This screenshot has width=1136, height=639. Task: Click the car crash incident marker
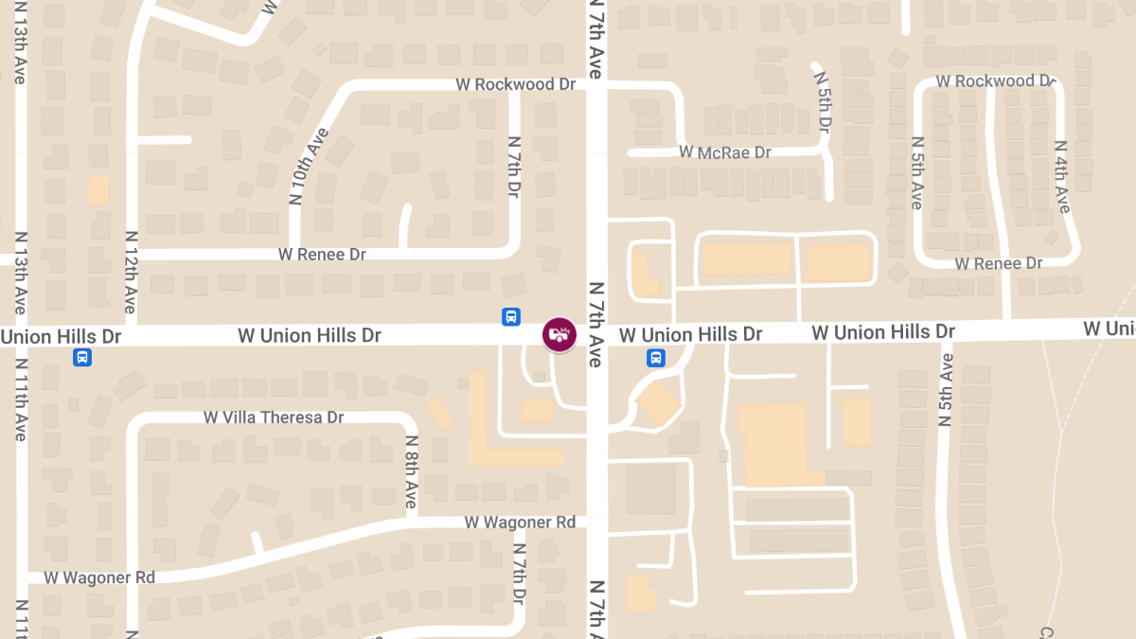click(559, 334)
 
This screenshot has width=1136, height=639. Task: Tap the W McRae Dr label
click(725, 151)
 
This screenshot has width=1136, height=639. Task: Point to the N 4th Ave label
click(1061, 177)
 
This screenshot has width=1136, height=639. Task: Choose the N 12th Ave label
click(131, 272)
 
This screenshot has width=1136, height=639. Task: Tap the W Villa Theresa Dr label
click(274, 417)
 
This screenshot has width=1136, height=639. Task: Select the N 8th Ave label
click(411, 471)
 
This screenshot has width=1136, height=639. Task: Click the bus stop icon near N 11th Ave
click(83, 357)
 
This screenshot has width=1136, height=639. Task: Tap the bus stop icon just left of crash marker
click(510, 317)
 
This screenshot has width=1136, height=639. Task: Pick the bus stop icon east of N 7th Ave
click(655, 358)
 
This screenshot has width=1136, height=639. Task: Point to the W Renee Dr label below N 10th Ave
click(322, 255)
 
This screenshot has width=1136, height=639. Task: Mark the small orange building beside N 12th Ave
click(98, 189)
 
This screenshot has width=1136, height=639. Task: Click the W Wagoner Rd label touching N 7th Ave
click(520, 523)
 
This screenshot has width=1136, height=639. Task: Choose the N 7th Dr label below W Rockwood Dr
click(514, 166)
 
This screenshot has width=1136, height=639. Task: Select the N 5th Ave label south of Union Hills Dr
click(944, 389)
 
